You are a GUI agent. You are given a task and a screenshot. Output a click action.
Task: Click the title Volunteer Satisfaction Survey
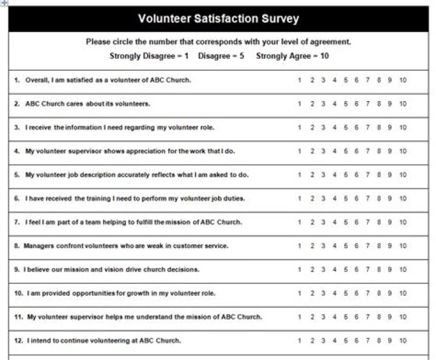[219, 19]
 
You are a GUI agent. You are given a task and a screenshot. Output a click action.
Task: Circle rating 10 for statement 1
[403, 80]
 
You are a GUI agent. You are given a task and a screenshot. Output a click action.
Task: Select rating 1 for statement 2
[300, 103]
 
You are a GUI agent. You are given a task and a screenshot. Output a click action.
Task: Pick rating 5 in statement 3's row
[345, 128]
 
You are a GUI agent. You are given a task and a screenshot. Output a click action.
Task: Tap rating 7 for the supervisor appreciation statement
[368, 151]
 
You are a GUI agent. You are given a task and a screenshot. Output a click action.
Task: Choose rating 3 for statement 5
[323, 175]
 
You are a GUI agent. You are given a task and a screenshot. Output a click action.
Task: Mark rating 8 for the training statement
[379, 198]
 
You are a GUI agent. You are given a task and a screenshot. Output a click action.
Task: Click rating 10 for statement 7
[403, 222]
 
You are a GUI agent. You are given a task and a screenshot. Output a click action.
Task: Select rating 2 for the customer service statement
[312, 246]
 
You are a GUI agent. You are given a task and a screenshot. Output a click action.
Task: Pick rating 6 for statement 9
[357, 269]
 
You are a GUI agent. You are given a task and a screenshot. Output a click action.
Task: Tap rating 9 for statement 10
[390, 293]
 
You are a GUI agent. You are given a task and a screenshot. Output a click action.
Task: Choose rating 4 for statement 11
[334, 317]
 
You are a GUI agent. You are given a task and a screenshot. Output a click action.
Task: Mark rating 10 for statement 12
[403, 341]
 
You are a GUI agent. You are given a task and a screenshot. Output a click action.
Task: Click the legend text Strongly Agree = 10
[292, 56]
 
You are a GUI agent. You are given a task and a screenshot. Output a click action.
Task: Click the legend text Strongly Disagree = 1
[149, 56]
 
